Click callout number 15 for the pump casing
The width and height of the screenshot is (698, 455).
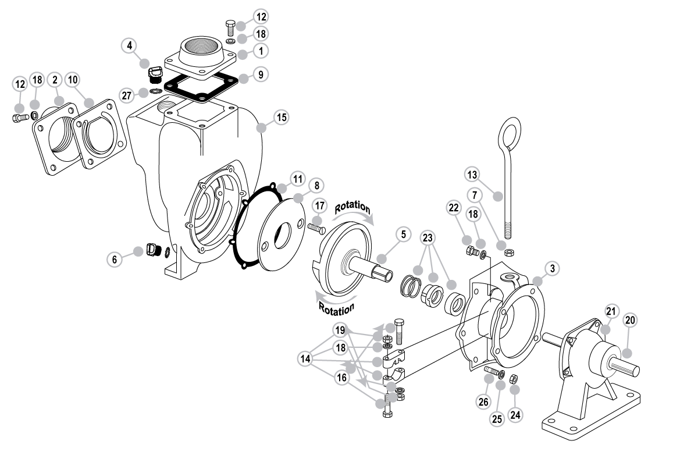282,118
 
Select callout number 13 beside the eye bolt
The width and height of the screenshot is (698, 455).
472,175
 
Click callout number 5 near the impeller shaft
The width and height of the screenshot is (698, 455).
404,234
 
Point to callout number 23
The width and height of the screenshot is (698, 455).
428,238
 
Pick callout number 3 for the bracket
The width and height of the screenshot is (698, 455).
553,268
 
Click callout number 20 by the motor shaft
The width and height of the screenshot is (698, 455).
630,320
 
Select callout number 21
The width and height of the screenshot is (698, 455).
611,311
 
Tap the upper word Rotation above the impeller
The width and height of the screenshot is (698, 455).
352,207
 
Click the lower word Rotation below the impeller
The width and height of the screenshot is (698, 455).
337,309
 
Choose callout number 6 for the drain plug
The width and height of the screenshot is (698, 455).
115,260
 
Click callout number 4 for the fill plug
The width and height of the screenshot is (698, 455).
129,45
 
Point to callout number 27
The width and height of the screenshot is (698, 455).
127,95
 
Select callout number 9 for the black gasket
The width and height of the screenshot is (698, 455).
261,74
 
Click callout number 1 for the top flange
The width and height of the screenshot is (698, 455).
261,51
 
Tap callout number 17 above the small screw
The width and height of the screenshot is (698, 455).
320,206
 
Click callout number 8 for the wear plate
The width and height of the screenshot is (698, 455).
316,186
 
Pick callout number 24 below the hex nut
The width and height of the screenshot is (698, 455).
515,415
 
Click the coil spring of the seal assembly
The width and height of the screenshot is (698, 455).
411,286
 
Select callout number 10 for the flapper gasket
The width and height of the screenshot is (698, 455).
73,80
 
